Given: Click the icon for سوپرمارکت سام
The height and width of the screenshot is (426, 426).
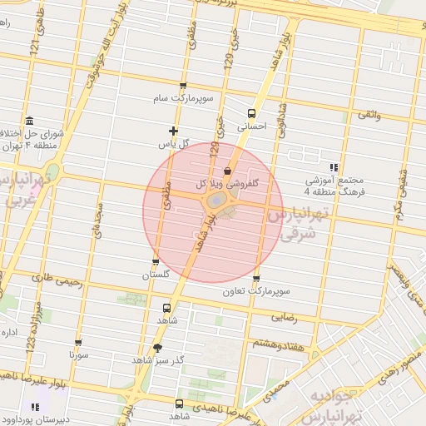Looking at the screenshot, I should (x=183, y=86).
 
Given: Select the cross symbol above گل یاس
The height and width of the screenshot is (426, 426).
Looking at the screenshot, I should (x=173, y=131).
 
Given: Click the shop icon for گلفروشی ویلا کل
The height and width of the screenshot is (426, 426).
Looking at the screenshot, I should (x=228, y=171).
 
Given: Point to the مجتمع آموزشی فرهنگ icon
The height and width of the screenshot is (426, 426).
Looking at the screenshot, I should (x=334, y=166).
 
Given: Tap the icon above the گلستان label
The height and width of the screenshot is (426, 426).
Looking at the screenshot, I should (x=156, y=263).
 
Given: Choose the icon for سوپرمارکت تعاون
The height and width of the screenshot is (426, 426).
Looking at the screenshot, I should (x=256, y=279).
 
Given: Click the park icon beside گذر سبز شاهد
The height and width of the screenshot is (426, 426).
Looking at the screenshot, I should (x=158, y=348).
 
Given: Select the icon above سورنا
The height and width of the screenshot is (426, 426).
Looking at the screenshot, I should (x=79, y=343).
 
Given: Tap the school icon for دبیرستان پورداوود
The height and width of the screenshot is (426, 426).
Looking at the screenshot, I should (x=36, y=407).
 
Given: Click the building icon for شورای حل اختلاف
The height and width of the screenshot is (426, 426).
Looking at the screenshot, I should (x=30, y=121).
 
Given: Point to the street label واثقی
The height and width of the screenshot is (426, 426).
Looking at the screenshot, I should (x=369, y=113).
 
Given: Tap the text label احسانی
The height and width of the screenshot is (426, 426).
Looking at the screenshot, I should (x=251, y=128).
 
